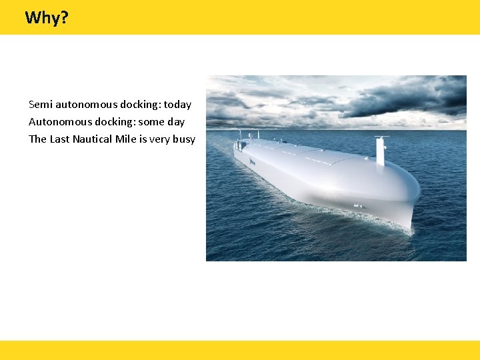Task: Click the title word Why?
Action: (46, 17)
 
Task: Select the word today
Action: (177, 104)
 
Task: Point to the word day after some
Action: (175, 122)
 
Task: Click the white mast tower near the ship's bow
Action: (381, 151)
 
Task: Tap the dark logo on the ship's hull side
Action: (253, 162)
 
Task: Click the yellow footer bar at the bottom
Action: (240, 350)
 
